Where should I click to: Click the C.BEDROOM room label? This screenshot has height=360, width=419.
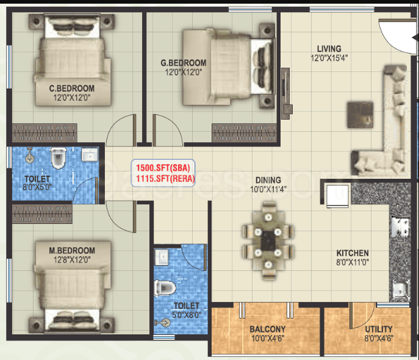click(71, 88)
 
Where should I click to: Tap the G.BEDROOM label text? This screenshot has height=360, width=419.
click(184, 63)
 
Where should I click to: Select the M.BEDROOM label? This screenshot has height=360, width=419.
click(72, 250)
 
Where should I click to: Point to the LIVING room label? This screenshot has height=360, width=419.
click(329, 49)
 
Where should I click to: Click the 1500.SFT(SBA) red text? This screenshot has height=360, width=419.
click(163, 168)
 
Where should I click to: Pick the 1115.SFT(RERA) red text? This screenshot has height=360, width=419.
click(165, 178)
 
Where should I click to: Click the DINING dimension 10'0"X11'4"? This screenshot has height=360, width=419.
click(268, 189)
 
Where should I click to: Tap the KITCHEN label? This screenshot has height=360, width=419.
click(353, 253)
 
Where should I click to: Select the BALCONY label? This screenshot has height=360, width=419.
click(268, 329)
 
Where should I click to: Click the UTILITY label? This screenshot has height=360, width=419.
click(379, 329)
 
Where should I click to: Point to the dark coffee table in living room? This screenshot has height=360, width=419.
click(360, 115)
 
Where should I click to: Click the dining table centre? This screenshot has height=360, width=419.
click(268, 241)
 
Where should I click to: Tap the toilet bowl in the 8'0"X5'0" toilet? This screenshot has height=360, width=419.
click(59, 157)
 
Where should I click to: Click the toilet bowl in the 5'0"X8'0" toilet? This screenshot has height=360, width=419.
click(165, 289)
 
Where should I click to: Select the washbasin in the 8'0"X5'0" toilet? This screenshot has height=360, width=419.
click(90, 154)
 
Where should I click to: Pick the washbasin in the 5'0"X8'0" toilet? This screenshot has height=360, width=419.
click(162, 257)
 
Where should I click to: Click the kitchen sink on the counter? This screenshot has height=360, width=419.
click(399, 291)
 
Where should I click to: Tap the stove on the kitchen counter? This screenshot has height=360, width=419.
click(399, 226)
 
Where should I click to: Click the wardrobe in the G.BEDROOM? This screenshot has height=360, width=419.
click(244, 132)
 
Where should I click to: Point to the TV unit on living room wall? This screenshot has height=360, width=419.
click(286, 93)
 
